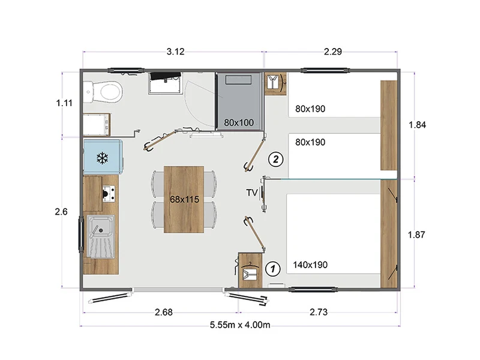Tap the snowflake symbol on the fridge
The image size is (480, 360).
pos(102,158)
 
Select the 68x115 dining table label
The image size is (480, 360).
pos(184,199)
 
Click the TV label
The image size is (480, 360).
pos(251,193)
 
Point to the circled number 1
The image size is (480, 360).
pos(272,269)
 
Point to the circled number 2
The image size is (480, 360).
pos(275,159)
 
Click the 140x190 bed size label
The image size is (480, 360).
pos(310,265)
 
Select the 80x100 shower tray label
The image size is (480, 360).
pos(239,123)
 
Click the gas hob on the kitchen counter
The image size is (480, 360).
pos(109,194)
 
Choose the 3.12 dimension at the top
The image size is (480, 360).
pos(175,52)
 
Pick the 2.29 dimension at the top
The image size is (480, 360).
pos(333,52)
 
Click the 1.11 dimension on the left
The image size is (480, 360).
pos(64,103)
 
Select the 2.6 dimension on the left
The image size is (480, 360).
pos(61,212)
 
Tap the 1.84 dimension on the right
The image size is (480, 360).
pos(417,125)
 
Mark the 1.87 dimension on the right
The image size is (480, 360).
pos(416,235)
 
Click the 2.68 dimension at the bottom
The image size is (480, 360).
pos(164,312)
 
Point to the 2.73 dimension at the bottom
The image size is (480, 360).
pos(319,312)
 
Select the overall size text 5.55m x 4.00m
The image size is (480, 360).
pos(240,325)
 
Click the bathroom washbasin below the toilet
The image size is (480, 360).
pos(97,125)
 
